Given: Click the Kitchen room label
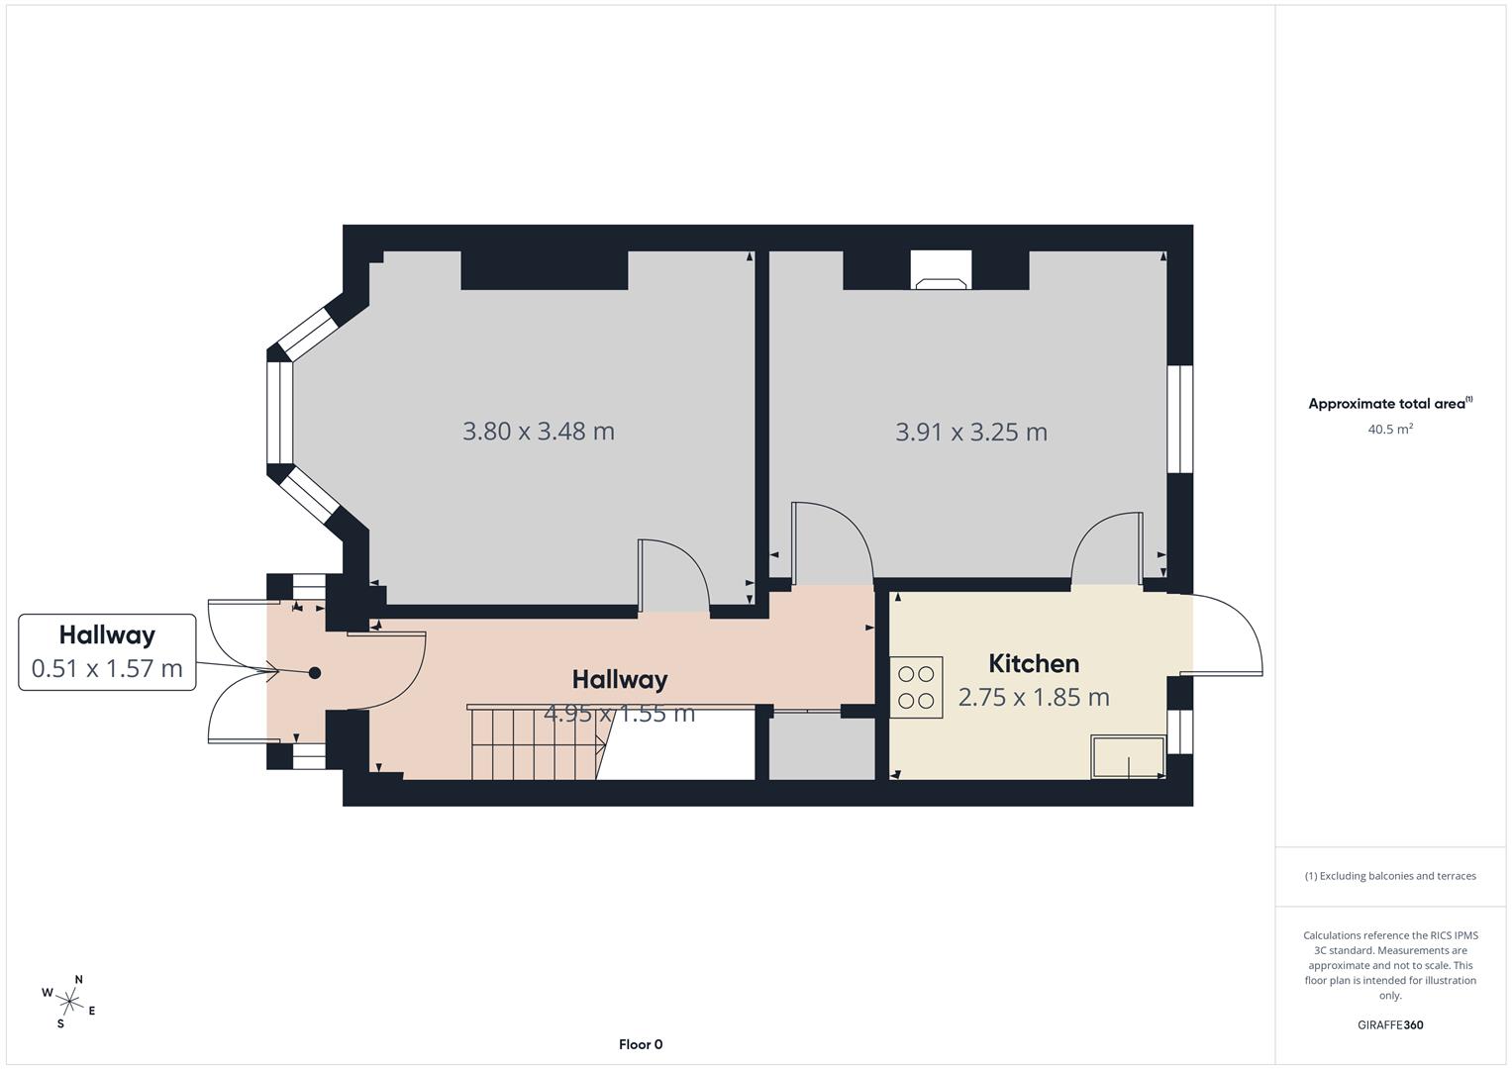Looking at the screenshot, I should point(1033,663).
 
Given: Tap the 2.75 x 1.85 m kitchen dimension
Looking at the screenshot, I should point(1033,697).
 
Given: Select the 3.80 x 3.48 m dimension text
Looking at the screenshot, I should point(538,432).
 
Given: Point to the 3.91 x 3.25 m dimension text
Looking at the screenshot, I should point(970,432).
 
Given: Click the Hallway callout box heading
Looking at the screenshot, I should point(107,634).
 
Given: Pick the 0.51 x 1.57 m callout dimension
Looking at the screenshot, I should point(107,668).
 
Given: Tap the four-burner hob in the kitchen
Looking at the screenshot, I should point(916,687).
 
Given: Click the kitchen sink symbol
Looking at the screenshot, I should point(1128,756).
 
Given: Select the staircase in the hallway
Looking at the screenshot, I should point(535,744).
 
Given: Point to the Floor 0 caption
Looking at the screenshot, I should point(640,1044).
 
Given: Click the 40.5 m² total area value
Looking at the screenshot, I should point(1389,429).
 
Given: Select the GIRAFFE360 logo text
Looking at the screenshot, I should point(1389,1024).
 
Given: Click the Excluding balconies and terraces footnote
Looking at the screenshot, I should point(1389,876).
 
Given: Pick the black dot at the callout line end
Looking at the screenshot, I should point(315,673).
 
